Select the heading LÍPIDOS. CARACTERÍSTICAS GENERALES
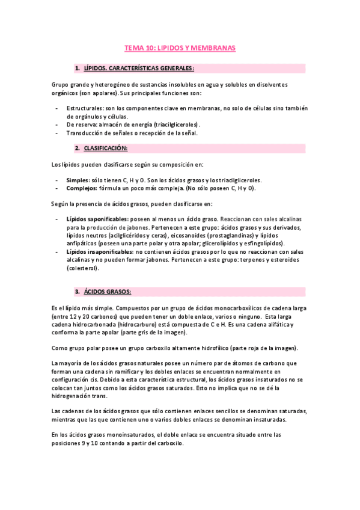(138, 69)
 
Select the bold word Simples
(77, 180)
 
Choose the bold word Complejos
(81, 188)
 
